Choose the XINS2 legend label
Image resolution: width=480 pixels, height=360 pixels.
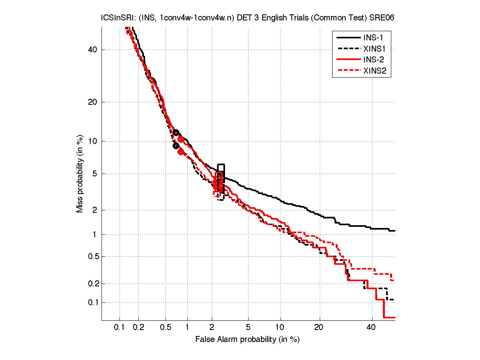point(376,71)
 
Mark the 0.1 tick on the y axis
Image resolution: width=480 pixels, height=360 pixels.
point(93,302)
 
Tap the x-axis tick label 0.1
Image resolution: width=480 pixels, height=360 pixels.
point(120,328)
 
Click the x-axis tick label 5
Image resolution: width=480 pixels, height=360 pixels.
point(248,328)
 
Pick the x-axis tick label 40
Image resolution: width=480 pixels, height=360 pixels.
point(372,328)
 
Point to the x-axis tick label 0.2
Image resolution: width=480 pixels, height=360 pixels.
point(139,328)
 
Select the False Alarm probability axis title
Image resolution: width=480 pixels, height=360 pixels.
point(247,340)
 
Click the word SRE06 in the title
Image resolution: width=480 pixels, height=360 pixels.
point(383,18)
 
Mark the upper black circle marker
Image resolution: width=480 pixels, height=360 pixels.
point(176,133)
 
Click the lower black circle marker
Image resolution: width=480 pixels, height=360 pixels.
point(176,146)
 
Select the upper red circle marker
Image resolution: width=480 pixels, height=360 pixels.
point(181,139)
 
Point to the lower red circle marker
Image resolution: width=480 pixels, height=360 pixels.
point(181,152)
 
